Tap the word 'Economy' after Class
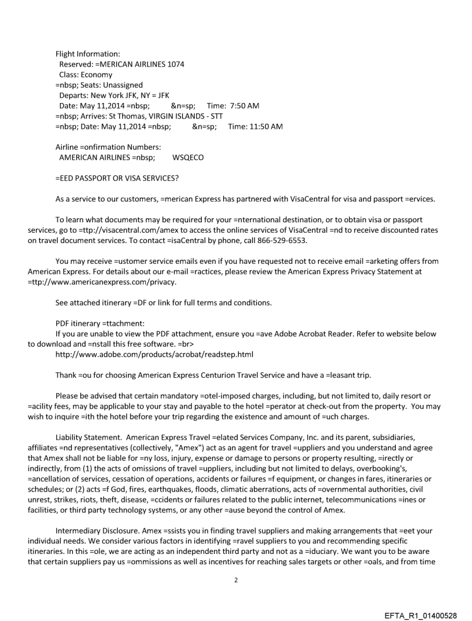[97, 75]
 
